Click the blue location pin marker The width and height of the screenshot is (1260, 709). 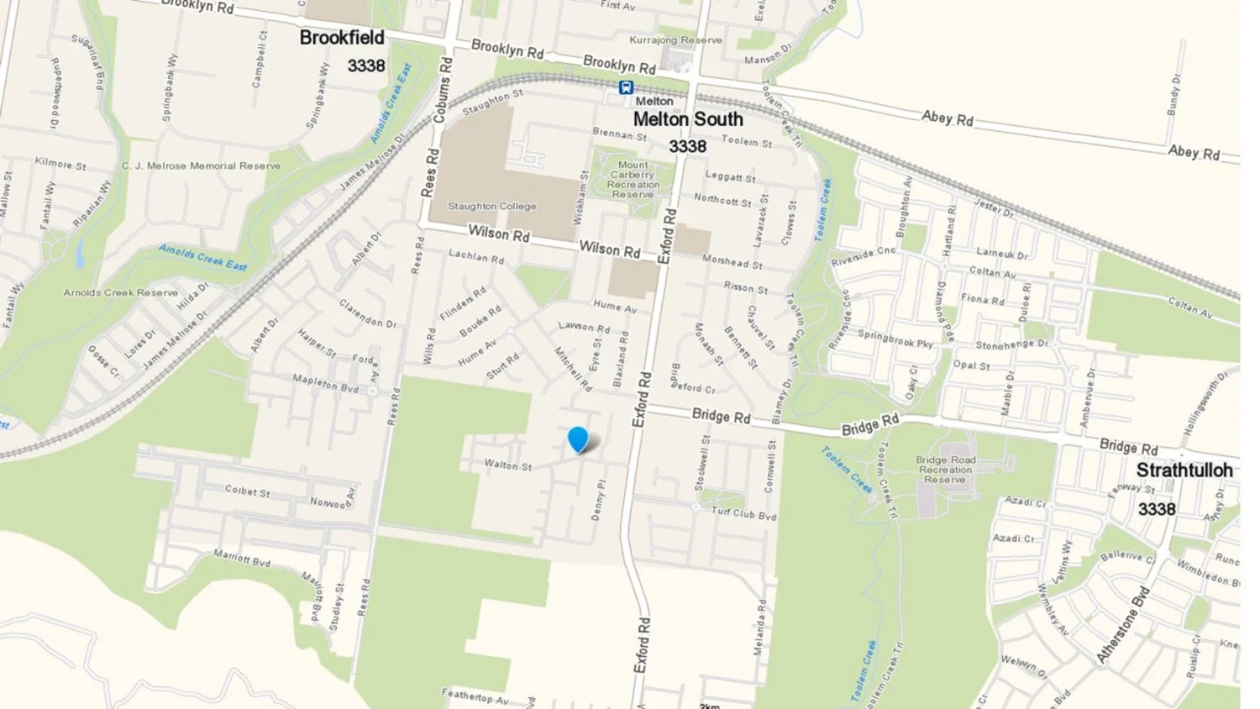[x=578, y=439]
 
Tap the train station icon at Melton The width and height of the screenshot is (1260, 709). [x=626, y=87]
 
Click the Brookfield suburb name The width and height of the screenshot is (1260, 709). [x=342, y=38]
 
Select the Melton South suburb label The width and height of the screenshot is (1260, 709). [x=688, y=119]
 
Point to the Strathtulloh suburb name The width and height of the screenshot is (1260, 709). [x=1184, y=470]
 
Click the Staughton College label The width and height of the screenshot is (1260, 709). [x=491, y=207]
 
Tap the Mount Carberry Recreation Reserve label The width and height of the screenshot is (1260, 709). [x=633, y=180]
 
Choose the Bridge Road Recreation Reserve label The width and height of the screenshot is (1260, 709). [x=946, y=470]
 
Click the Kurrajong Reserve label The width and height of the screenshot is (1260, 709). [x=675, y=40]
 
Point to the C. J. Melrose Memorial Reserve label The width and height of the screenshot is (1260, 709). [x=201, y=166]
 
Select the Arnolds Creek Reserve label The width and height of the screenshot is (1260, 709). [x=121, y=293]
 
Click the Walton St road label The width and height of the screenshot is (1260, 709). [x=508, y=465]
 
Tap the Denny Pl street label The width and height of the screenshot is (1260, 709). [x=599, y=501]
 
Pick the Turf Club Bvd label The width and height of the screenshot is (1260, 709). [x=743, y=512]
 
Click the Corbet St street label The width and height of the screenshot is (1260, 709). [x=247, y=491]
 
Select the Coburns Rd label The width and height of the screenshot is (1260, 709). [x=442, y=91]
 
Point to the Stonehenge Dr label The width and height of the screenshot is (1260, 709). [x=1011, y=344]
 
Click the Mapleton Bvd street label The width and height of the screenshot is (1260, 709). [x=325, y=383]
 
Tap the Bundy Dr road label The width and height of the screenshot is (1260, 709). [x=1173, y=95]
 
